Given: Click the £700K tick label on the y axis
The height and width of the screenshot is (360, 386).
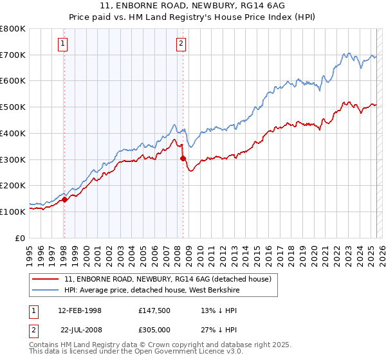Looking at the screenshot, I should coord(13,55).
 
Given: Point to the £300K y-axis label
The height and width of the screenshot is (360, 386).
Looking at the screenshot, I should coord(13,159).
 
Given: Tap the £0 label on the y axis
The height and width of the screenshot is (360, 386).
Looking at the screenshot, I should coord(21,237).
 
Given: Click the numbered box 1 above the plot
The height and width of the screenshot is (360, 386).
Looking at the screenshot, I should coord(64,44).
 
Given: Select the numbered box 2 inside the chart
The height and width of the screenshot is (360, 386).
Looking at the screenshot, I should coord(181,44).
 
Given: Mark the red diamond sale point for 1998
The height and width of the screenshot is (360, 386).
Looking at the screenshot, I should coord(64,199).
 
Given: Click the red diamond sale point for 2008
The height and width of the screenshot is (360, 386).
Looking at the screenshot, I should coord(183,158).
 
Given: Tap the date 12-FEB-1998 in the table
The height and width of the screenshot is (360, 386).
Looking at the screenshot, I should coord(80,310).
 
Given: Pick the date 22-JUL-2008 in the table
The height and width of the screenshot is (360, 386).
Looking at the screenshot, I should coord(80,329).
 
